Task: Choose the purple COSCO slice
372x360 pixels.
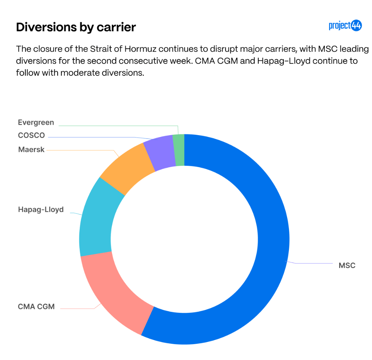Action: pyautogui.click(x=159, y=152)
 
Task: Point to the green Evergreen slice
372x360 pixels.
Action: pyautogui.click(x=179, y=150)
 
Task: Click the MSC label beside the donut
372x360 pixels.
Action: pyautogui.click(x=347, y=265)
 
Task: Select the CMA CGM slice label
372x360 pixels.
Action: pyautogui.click(x=36, y=306)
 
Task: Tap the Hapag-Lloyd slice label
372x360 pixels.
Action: pyautogui.click(x=41, y=210)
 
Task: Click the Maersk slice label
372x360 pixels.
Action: pyautogui.click(x=31, y=150)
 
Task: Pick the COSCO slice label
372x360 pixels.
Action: pyautogui.click(x=31, y=136)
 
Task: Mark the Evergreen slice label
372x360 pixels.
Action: pyautogui.click(x=36, y=122)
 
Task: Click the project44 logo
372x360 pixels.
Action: pyautogui.click(x=345, y=26)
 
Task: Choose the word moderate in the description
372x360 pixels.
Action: pyautogui.click(x=78, y=73)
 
